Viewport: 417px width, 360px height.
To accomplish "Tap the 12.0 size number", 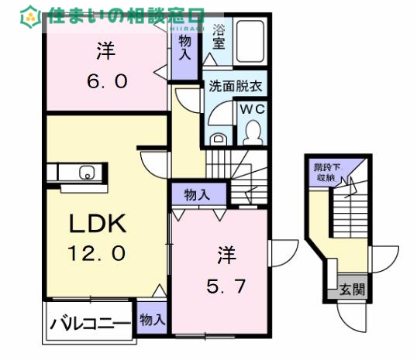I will pyautogui.click(x=98, y=252).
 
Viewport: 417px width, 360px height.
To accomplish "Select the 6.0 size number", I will pyautogui.click(x=105, y=80).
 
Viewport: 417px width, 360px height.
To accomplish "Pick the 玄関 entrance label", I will pyautogui.click(x=350, y=291).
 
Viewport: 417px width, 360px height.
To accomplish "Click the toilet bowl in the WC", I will pyautogui.click(x=251, y=133).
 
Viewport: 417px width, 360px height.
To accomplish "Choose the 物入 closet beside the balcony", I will pyautogui.click(x=152, y=319).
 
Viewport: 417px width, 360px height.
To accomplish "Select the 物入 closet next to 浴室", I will pyautogui.click(x=185, y=47).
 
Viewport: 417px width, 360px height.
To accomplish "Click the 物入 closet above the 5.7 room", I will pyautogui.click(x=197, y=194).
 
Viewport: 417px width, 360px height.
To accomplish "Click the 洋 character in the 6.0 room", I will pyautogui.click(x=105, y=53).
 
